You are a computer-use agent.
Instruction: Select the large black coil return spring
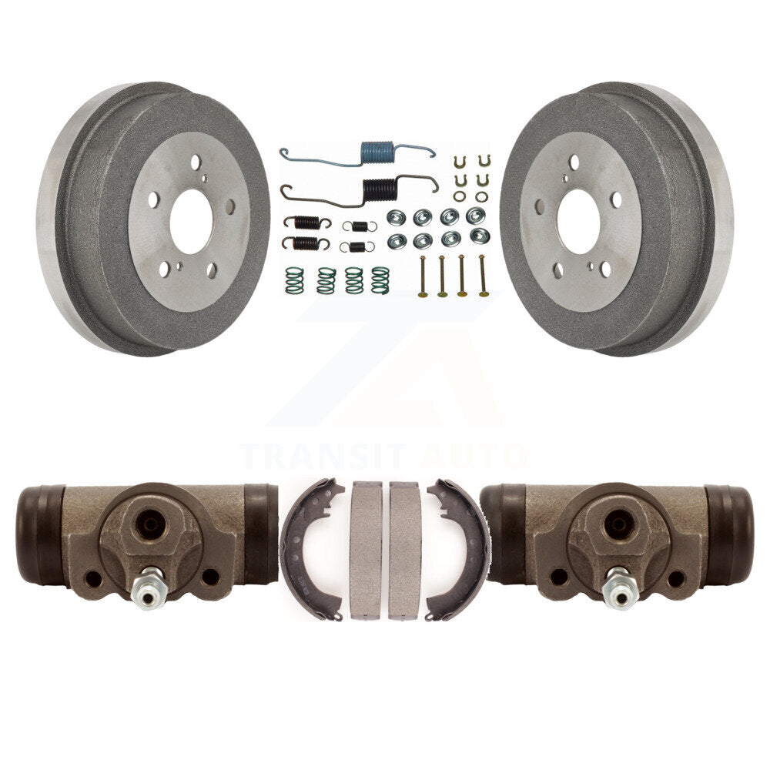[x=378, y=189]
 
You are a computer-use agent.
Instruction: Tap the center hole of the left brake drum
[x=191, y=222]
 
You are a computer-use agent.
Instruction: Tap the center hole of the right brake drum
[x=578, y=222]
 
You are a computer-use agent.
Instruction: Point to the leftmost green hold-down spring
[x=294, y=280]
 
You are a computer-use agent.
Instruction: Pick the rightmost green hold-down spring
[x=380, y=280]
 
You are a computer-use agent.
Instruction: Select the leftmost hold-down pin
[x=422, y=276]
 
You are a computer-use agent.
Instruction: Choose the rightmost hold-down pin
[x=483, y=276]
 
